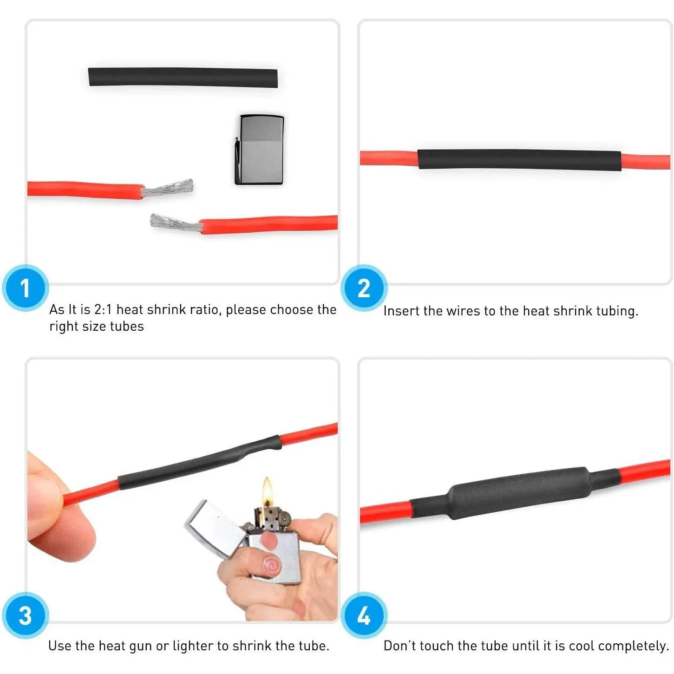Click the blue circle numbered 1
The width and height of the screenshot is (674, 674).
(25, 288)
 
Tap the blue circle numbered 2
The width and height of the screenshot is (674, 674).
(364, 288)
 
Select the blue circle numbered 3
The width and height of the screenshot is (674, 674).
(25, 615)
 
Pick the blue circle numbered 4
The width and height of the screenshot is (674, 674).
(364, 615)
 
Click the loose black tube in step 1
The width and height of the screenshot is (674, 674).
(183, 77)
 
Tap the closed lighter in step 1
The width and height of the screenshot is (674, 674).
(259, 150)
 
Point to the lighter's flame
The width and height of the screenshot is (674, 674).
(267, 490)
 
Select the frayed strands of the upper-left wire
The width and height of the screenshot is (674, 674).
(168, 188)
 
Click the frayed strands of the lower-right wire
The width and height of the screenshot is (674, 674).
(177, 223)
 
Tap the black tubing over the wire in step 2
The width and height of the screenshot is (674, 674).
(519, 160)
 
